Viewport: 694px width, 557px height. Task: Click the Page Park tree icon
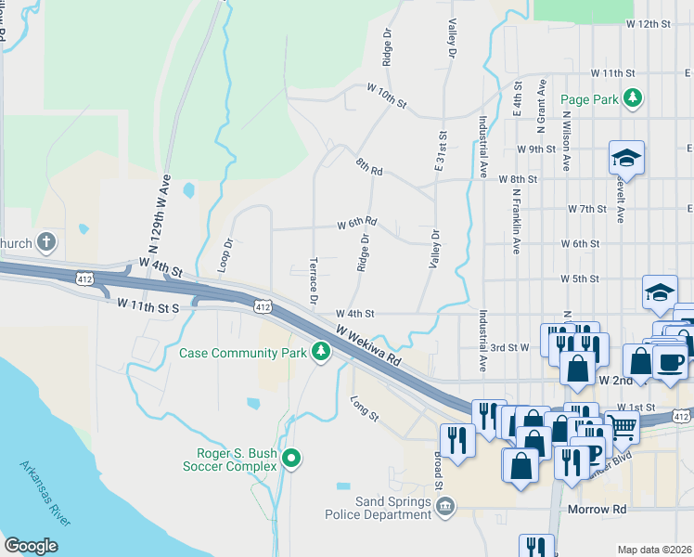pos(633,97)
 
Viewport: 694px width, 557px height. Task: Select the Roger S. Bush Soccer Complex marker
pos(291,458)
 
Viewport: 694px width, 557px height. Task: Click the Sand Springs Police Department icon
pos(445,506)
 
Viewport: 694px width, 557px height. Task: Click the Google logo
pos(31,546)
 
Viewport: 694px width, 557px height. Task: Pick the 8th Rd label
pos(368,165)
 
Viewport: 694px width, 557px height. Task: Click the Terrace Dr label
pos(314,279)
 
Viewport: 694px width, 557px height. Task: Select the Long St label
pos(365,408)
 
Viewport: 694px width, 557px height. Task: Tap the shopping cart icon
pos(623,427)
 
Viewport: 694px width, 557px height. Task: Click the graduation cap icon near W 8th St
pos(626,158)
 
